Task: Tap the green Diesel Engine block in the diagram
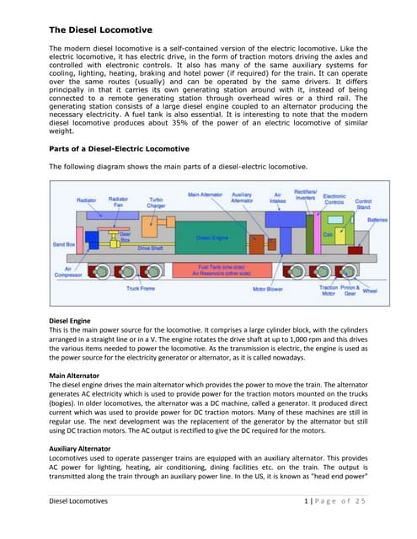212,238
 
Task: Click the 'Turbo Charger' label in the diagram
157,203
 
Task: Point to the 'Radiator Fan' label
119,202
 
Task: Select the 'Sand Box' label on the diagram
64,244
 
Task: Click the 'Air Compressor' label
68,273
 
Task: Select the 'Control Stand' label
363,204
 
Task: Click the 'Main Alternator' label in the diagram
205,194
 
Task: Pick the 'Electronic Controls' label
334,200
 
